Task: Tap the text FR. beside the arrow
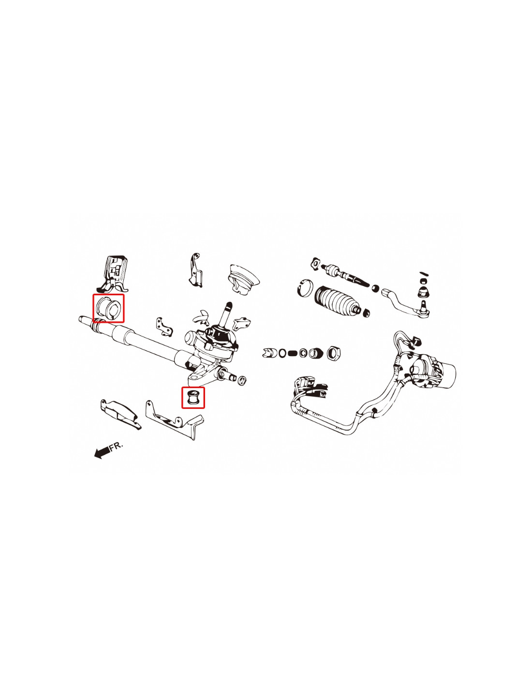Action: (116, 446)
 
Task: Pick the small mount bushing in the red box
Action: (193, 397)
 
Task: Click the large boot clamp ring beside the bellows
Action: (305, 288)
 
